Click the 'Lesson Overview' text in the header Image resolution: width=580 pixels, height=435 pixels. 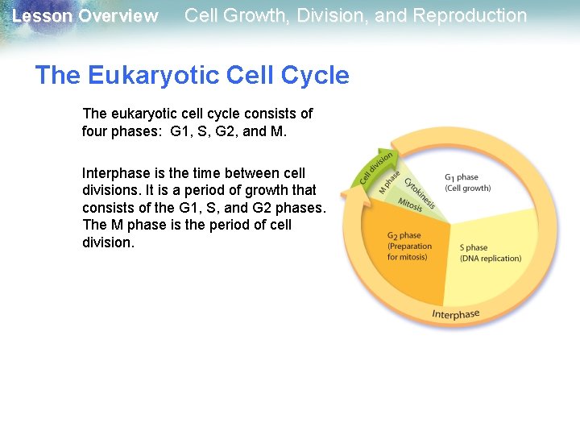85,16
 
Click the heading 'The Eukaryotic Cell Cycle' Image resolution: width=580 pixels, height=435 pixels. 192,76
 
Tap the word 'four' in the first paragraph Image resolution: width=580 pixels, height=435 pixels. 96,130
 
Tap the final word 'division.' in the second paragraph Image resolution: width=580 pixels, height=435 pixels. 108,242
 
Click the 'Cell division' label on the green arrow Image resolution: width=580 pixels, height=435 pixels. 375,167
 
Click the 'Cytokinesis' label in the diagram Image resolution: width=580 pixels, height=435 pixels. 420,193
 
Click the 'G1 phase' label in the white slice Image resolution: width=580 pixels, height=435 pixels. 461,177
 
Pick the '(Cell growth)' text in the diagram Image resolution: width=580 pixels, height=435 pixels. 467,188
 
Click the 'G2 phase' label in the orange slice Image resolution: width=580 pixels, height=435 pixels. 404,236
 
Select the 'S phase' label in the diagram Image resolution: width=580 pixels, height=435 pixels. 474,247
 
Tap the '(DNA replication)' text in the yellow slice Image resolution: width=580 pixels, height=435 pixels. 490,259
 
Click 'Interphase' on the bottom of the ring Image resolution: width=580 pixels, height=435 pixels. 455,314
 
